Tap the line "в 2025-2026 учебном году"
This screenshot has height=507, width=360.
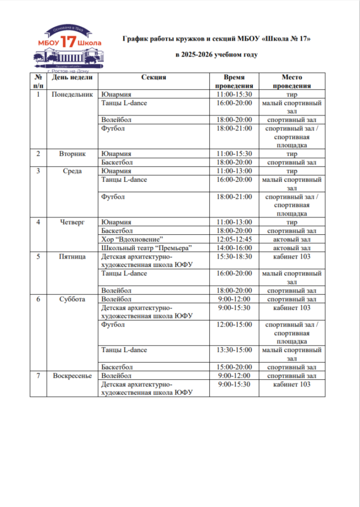217,55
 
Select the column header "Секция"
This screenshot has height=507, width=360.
154,77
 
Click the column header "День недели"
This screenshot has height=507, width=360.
72,77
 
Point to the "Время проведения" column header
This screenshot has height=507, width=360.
234,82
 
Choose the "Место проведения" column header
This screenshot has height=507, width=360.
292,82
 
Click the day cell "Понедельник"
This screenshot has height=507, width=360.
72,95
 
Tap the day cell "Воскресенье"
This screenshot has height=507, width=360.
72,376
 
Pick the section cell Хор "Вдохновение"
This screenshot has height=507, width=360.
132,239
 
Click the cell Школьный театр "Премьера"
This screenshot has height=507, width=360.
146,248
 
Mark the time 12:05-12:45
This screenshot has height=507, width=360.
234,239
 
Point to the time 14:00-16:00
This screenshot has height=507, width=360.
234,248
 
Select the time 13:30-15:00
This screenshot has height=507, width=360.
234,350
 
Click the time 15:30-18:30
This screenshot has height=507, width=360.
234,256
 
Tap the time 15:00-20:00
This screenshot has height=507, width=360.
234,367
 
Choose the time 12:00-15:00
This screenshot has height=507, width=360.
234,325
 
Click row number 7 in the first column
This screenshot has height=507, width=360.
38,376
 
